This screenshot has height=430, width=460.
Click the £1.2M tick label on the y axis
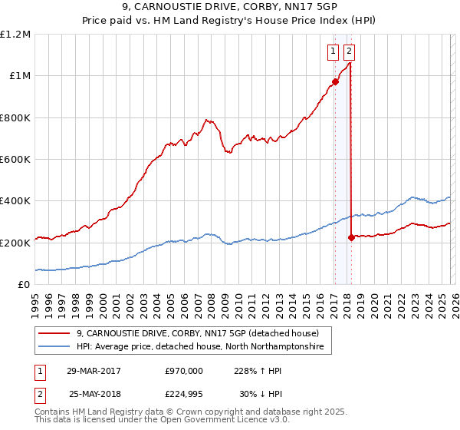point(15,35)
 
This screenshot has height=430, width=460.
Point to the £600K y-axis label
point(15,160)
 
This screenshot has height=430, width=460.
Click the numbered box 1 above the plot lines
point(333,52)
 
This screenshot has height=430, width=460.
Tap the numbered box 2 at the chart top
point(349,52)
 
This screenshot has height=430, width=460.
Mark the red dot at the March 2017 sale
point(335,81)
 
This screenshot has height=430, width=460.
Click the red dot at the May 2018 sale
point(351,237)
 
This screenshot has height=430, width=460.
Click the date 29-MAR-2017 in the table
point(94,371)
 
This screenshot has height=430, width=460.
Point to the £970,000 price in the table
point(183,371)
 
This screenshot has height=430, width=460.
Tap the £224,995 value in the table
point(183,394)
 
